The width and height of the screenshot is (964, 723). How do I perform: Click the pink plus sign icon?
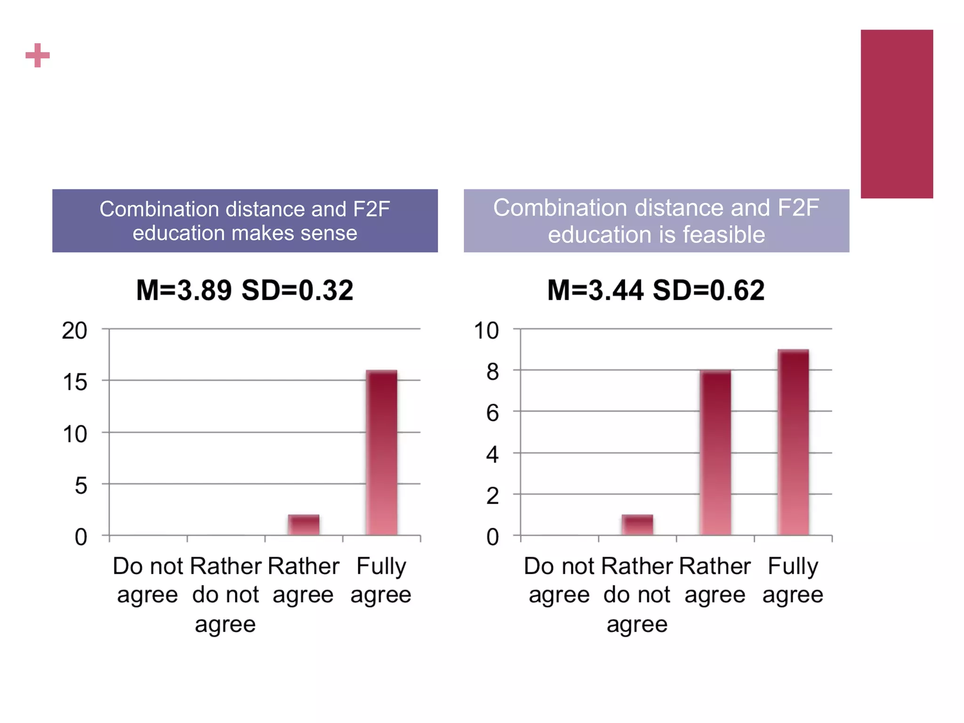click(38, 56)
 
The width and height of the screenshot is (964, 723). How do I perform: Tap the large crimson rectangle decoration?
click(897, 114)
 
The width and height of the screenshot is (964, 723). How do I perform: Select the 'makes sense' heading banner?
click(245, 221)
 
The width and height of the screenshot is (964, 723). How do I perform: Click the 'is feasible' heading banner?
click(656, 221)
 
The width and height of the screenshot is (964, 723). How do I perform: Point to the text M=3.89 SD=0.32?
click(245, 290)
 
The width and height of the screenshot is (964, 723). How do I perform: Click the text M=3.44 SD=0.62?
click(656, 290)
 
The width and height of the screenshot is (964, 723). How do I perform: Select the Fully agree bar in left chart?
click(382, 453)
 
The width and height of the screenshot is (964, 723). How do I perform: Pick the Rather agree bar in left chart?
click(304, 525)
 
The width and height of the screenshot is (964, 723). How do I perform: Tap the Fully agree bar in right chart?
click(793, 442)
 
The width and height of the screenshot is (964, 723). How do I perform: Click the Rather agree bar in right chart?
click(715, 453)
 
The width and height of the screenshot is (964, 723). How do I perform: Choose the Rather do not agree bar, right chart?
click(637, 525)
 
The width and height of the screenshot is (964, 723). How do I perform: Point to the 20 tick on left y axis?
click(74, 330)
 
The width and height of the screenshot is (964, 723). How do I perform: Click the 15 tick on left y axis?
click(74, 382)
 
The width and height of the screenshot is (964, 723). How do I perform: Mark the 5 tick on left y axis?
click(80, 485)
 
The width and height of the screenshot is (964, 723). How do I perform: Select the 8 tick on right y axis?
click(492, 372)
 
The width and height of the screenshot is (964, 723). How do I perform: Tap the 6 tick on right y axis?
click(492, 413)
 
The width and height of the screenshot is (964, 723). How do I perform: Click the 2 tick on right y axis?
click(492, 496)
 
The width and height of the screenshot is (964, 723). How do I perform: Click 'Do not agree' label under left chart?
click(147, 580)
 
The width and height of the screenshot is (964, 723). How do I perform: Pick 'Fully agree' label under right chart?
click(793, 580)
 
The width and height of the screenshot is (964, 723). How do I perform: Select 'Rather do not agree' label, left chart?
click(225, 594)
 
